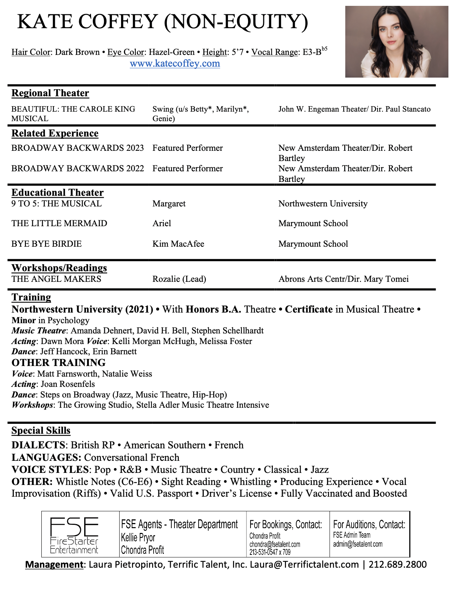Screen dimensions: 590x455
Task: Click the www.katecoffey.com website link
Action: pos(175,64)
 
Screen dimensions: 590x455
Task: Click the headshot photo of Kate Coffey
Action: pos(396,42)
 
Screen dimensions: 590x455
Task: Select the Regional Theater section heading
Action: pos(50,93)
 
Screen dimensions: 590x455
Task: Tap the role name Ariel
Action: pos(162,223)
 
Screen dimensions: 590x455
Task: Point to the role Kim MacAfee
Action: pos(178,244)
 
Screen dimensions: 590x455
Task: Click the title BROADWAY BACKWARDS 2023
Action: pos(78,148)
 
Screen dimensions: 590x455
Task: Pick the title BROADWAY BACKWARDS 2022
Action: pos(78,168)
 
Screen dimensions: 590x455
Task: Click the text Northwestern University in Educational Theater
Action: pos(323,203)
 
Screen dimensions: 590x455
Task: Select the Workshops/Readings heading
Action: pos(59,268)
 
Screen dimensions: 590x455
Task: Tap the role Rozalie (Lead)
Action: pos(179,279)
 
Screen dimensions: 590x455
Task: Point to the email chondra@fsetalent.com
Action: pos(275,544)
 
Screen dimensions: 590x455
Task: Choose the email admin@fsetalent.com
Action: pos(358,544)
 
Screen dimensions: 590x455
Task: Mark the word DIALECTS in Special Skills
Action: pos(38,445)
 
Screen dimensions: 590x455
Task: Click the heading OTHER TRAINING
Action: pos(59,363)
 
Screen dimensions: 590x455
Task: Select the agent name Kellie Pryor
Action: pos(138,537)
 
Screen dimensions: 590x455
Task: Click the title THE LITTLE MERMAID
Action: pos(59,223)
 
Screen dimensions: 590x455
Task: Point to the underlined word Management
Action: pos(54,564)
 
